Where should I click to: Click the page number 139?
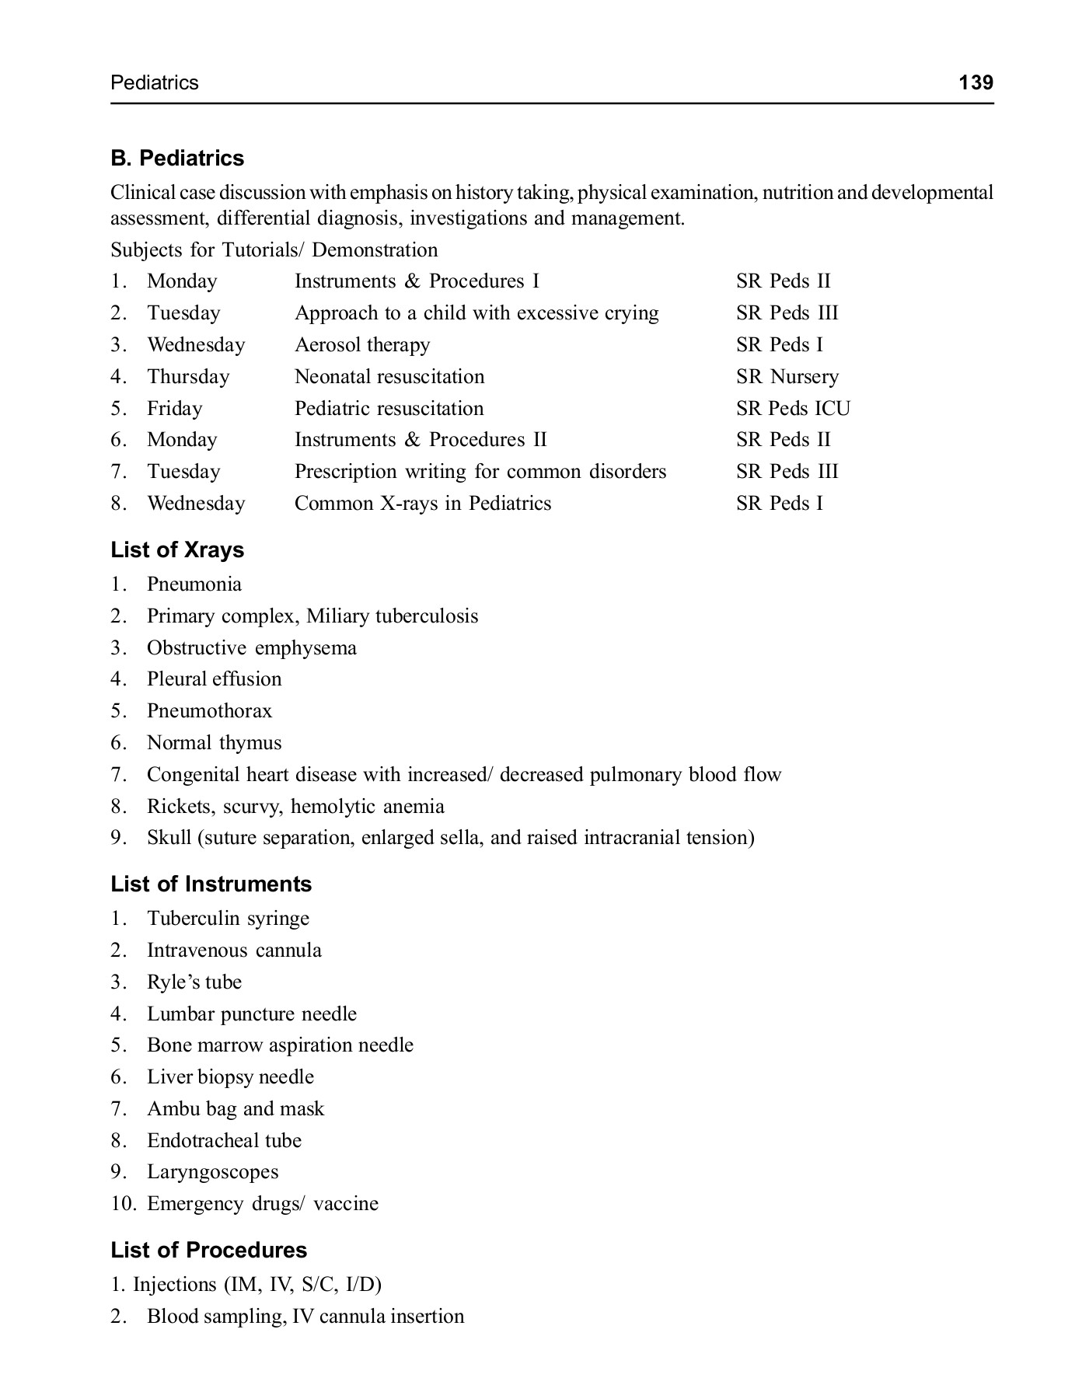pos(976,82)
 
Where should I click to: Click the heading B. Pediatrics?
pos(177,159)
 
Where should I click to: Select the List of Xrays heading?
pos(177,550)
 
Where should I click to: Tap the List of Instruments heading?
pos(211,884)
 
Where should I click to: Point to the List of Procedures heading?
pos(208,1250)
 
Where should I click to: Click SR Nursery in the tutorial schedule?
pos(787,377)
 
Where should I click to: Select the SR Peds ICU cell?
pos(793,409)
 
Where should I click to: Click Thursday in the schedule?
pos(188,377)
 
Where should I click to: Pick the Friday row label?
pos(174,409)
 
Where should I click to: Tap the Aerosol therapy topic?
pos(361,345)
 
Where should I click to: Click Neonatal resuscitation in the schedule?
pos(389,377)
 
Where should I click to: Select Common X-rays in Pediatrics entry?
pos(422,504)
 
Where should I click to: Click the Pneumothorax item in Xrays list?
pos(209,711)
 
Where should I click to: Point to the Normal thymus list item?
pos(214,743)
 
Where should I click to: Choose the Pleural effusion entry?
pos(214,679)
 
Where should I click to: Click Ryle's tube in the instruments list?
pos(194,982)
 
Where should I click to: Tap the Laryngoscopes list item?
pos(212,1172)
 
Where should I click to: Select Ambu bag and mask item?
pos(235,1109)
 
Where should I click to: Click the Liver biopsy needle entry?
pos(230,1077)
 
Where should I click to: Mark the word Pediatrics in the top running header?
pos(155,83)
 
